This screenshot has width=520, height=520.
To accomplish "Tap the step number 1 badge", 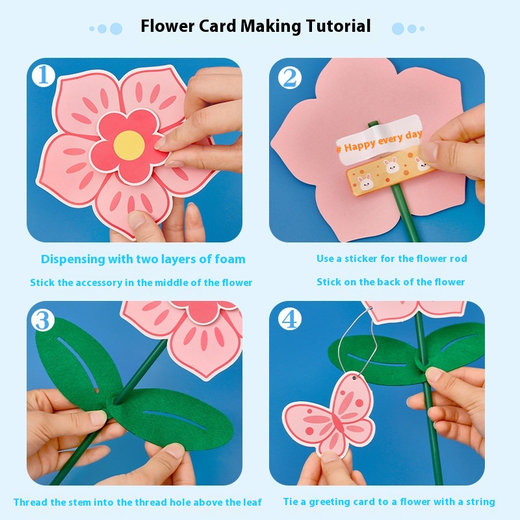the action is coord(44,75).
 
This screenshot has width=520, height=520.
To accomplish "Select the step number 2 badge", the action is coord(290,79).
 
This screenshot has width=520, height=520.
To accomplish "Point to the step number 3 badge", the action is coord(43,320).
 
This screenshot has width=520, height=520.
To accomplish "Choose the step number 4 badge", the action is coord(290,319).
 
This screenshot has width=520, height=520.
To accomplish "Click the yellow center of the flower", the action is coord(129,145).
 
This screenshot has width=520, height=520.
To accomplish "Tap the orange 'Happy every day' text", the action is coord(380,142).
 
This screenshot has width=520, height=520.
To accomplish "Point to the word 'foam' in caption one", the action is coord(230,259).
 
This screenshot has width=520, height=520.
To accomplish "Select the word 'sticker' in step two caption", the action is coord(361,259).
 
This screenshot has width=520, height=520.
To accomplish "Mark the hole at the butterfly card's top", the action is coord(354,378).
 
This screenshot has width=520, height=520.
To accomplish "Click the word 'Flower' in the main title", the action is coord(168,26).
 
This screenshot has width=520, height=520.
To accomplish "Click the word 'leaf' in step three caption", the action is coord(253,502).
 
